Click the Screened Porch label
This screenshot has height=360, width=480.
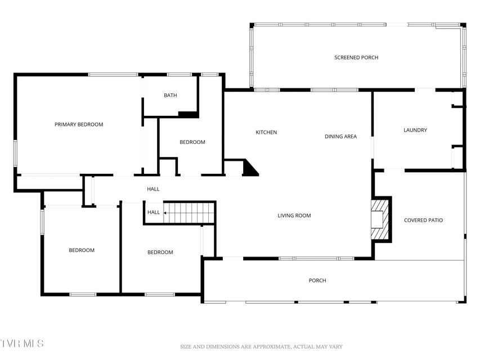click(x=356, y=57)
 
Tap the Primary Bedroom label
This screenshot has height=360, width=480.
click(x=79, y=124)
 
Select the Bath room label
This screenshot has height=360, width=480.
click(x=170, y=95)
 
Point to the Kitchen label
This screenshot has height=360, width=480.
click(x=266, y=132)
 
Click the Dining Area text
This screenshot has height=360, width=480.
click(x=340, y=137)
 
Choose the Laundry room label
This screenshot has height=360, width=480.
click(x=415, y=130)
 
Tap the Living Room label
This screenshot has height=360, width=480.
click(x=294, y=215)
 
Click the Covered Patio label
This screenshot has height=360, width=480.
click(x=423, y=220)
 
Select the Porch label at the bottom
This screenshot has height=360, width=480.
click(x=317, y=281)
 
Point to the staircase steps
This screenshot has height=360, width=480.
click(x=189, y=213)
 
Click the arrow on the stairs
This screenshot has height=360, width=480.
click(x=167, y=213)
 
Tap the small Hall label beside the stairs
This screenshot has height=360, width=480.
click(x=154, y=212)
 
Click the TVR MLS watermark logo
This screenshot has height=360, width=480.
click(x=22, y=343)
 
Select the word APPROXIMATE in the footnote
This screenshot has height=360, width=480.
click(x=271, y=347)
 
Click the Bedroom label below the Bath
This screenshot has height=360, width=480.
click(x=192, y=142)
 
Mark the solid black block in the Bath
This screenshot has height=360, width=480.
click(x=187, y=114)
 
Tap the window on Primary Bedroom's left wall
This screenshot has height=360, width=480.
click(x=15, y=154)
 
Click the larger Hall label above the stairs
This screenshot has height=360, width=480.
click(x=153, y=189)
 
